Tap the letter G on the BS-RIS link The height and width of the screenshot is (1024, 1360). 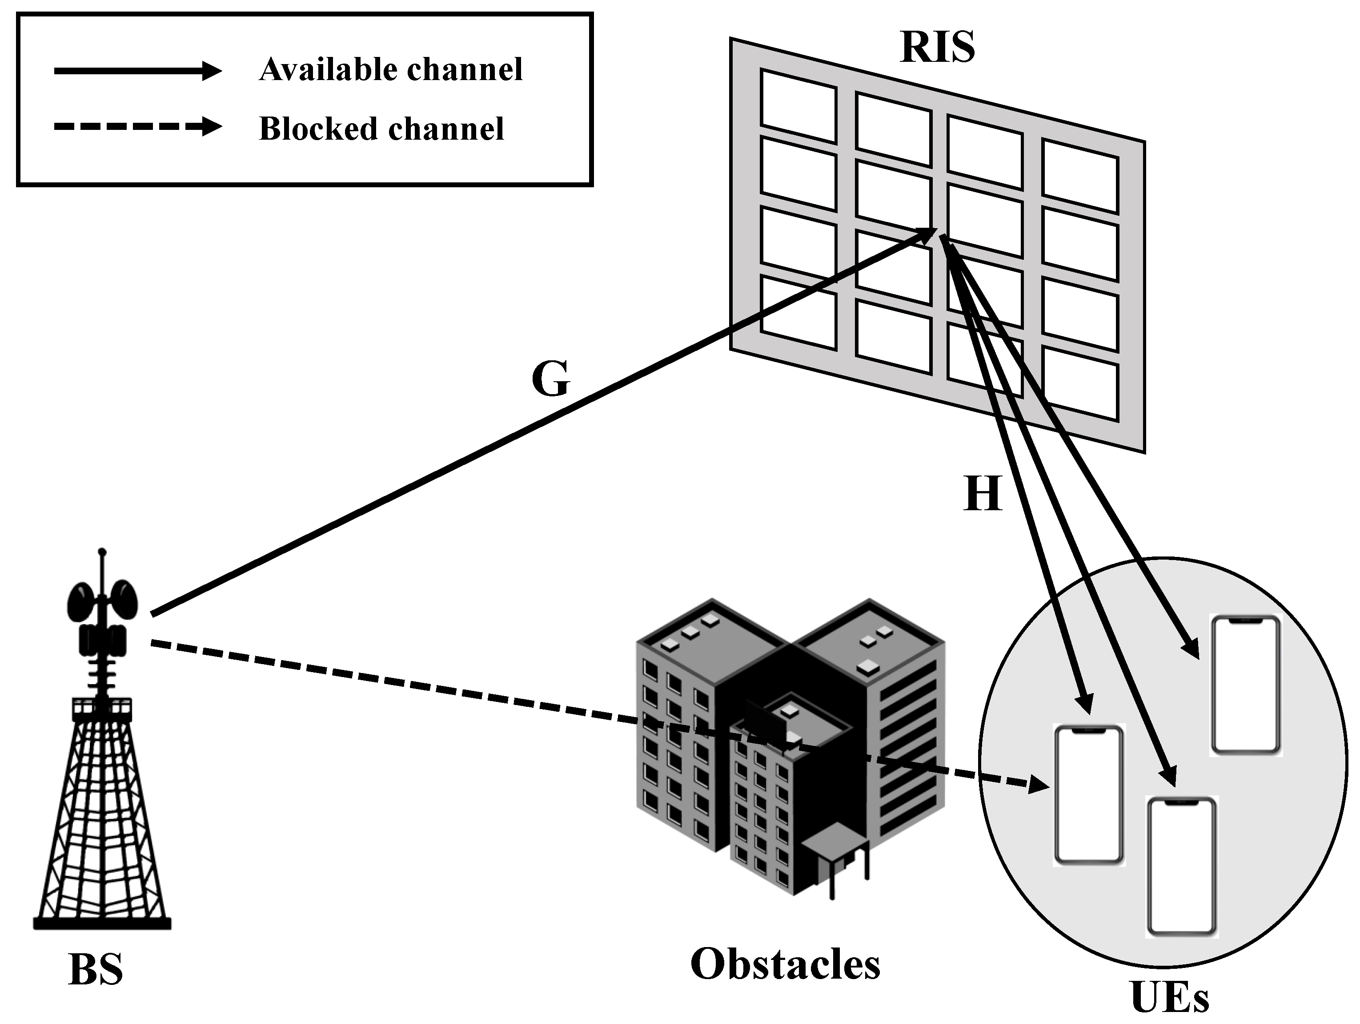click(x=550, y=379)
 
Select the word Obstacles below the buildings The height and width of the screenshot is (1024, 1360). click(x=785, y=964)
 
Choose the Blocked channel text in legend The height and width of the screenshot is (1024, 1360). click(x=381, y=129)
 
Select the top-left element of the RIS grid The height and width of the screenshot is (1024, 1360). click(x=798, y=106)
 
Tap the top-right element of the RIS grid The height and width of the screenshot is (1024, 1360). click(x=1079, y=175)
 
